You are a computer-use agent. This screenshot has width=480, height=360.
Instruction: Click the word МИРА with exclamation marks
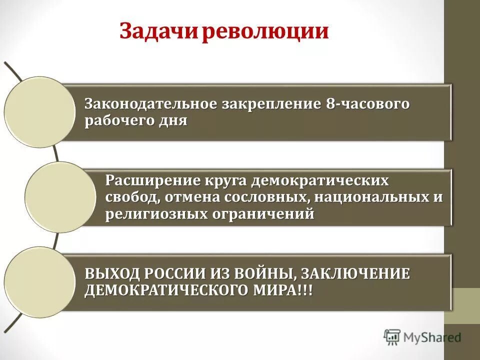tap(285, 290)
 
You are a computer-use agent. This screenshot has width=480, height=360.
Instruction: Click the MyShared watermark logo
tap(422, 337)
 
